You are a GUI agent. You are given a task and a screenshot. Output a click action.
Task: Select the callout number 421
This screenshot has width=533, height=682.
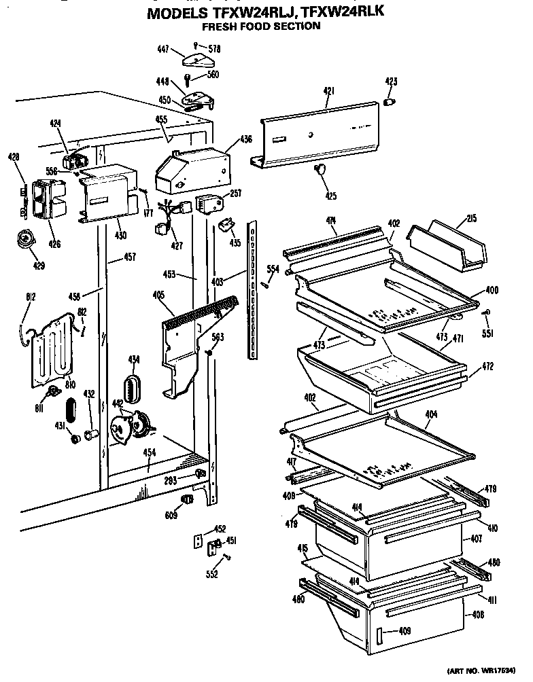(x=328, y=90)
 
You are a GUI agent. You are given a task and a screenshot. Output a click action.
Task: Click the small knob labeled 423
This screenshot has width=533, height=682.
(x=390, y=102)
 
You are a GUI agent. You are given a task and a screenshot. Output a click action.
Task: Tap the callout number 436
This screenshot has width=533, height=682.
(x=246, y=140)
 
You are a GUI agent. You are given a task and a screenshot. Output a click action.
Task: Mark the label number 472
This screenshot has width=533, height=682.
(x=487, y=367)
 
